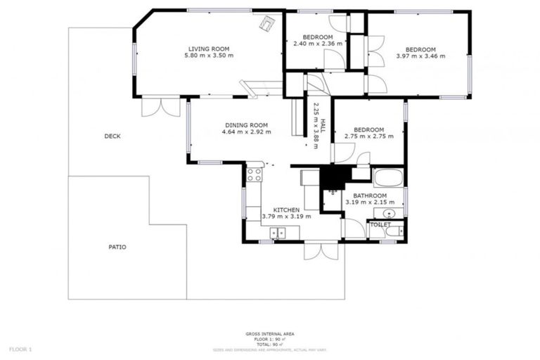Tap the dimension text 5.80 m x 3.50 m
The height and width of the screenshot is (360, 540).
click(209, 55)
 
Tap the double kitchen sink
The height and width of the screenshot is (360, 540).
click(279, 233)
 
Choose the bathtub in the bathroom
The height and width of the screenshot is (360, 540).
click(387, 176)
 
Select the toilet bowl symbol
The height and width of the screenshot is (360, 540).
click(395, 229)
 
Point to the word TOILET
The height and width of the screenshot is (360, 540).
click(380, 224)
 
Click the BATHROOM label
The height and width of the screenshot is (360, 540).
click(370, 195)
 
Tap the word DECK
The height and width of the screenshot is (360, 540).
click(112, 136)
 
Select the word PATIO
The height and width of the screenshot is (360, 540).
click(117, 247)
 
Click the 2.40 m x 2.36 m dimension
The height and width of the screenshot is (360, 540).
click(318, 44)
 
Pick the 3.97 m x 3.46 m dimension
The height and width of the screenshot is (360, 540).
click(420, 56)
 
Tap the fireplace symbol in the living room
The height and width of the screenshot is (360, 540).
click(267, 23)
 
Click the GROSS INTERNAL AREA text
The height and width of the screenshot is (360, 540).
click(270, 333)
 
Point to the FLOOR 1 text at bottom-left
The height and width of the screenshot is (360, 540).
click(20, 349)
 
